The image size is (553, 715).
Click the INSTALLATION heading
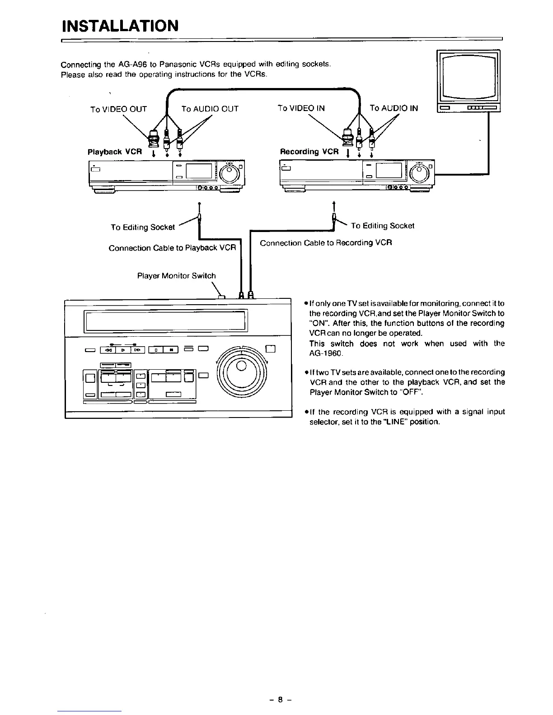[x=120, y=25]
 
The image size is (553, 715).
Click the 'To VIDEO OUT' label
[x=118, y=109]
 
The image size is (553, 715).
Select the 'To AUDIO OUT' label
[x=210, y=109]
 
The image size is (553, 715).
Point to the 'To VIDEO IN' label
[x=301, y=108]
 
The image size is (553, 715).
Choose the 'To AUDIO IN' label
[x=394, y=108]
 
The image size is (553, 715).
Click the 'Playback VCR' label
[x=114, y=152]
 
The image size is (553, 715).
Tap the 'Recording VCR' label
[x=309, y=152]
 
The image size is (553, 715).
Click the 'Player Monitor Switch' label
[x=176, y=275]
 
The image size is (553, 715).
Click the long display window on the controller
[x=165, y=320]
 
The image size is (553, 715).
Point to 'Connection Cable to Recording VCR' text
[x=326, y=243]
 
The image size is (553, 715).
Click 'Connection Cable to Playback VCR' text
[x=172, y=248]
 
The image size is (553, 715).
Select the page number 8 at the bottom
[x=280, y=701]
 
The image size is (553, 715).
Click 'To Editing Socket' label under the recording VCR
[x=382, y=226]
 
